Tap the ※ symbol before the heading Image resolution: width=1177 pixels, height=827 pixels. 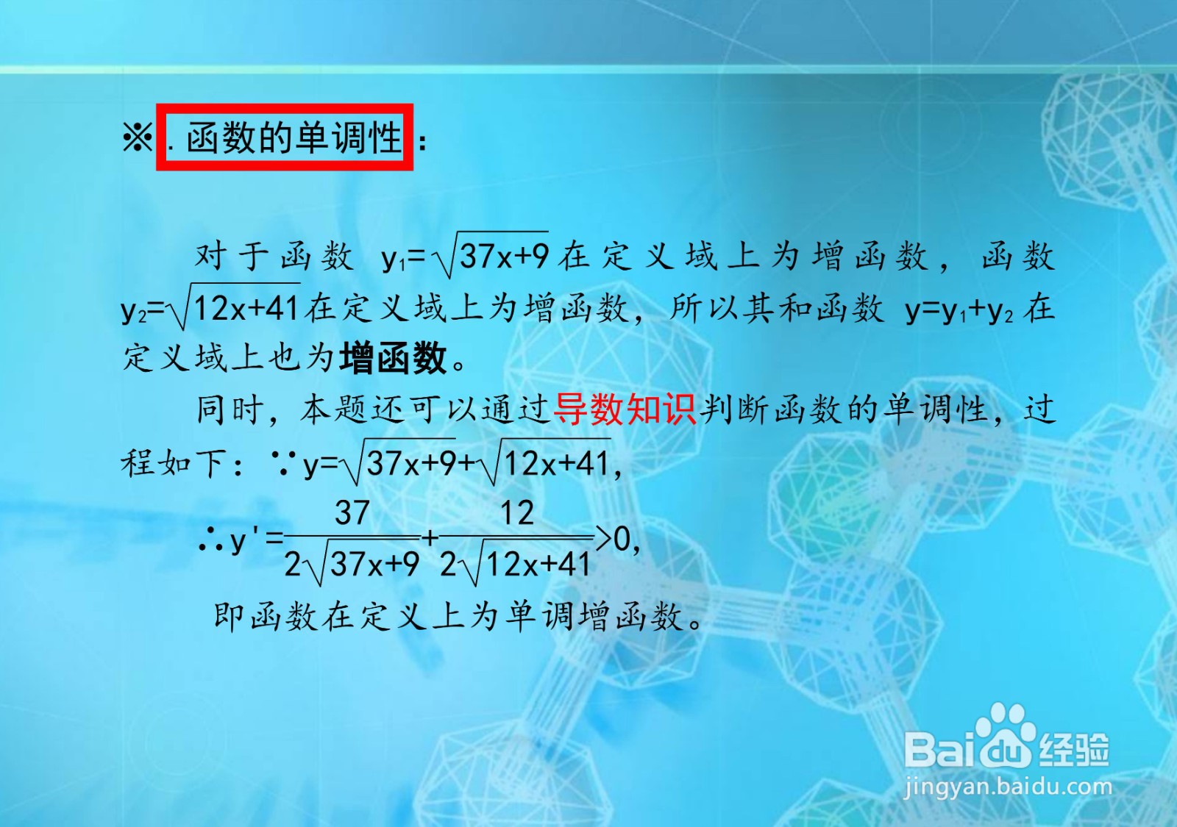coord(138,137)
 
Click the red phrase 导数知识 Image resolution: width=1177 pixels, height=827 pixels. coord(625,409)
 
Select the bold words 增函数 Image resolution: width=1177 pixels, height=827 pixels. coord(394,359)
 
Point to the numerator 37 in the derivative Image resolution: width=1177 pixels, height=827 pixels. coord(352,512)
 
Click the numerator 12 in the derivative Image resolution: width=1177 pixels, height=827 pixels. coord(517,512)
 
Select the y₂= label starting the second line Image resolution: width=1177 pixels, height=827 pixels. coord(143,309)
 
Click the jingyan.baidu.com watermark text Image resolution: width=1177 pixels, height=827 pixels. coord(1007,787)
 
